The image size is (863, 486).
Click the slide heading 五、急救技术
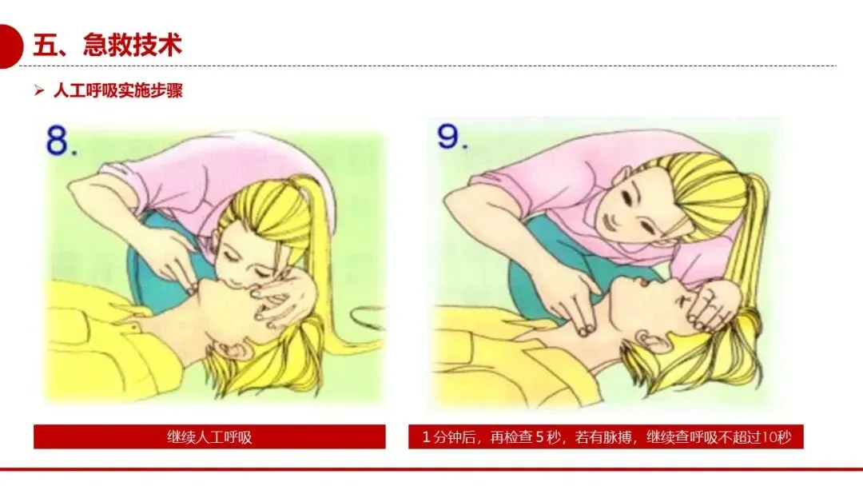tap(107, 45)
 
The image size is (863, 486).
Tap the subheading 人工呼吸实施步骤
tap(117, 91)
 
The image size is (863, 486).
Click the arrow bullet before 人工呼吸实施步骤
tap(38, 90)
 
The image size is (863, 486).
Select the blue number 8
tap(61, 141)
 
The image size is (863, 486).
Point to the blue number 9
tap(451, 136)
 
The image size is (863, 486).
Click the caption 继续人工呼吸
tap(209, 437)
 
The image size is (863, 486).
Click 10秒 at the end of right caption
tap(777, 437)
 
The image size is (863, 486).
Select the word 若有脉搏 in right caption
tap(603, 437)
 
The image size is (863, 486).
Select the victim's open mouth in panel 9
tap(642, 285)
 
